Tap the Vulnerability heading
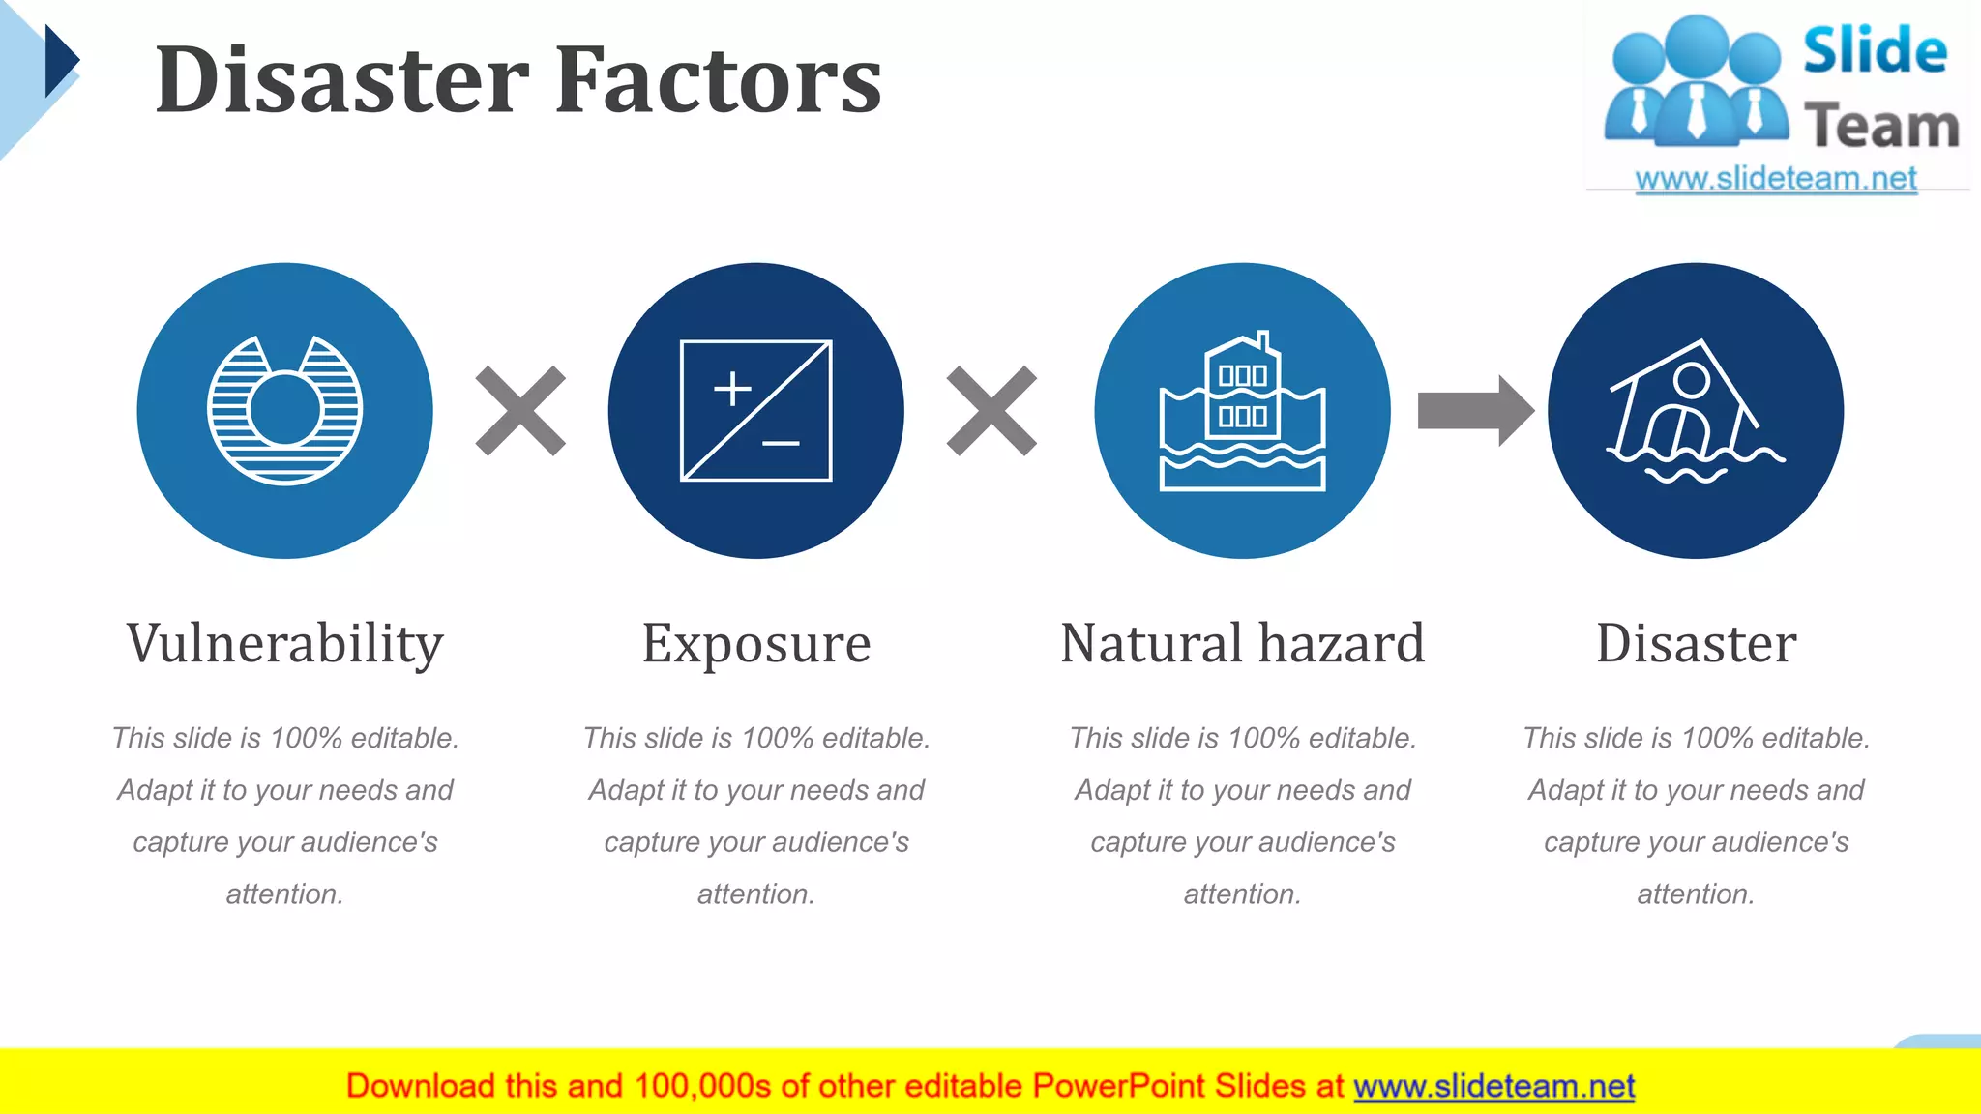click(284, 644)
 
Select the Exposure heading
click(756, 644)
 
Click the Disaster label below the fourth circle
click(1696, 644)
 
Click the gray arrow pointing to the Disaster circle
click(1474, 410)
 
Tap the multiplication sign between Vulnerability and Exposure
click(520, 410)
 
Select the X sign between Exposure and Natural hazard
click(991, 410)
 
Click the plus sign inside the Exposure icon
click(732, 389)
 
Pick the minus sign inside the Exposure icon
click(781, 444)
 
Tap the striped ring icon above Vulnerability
click(284, 410)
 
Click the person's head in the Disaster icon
click(1692, 379)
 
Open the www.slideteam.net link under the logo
click(1776, 179)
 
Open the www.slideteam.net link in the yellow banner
click(1493, 1087)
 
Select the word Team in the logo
click(1881, 127)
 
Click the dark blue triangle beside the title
click(59, 61)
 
